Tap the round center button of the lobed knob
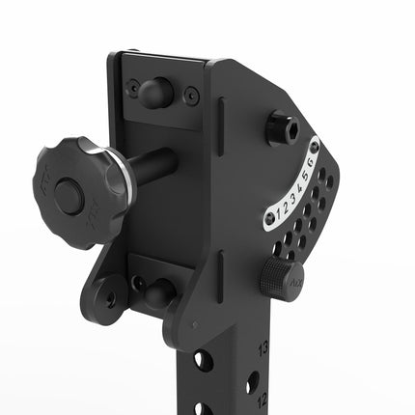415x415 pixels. (x=68, y=196)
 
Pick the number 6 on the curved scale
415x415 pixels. (x=310, y=161)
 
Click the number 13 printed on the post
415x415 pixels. (x=263, y=346)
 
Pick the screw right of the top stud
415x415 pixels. (x=192, y=96)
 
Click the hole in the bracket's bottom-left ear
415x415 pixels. (x=112, y=298)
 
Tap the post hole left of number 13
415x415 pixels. (x=203, y=361)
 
